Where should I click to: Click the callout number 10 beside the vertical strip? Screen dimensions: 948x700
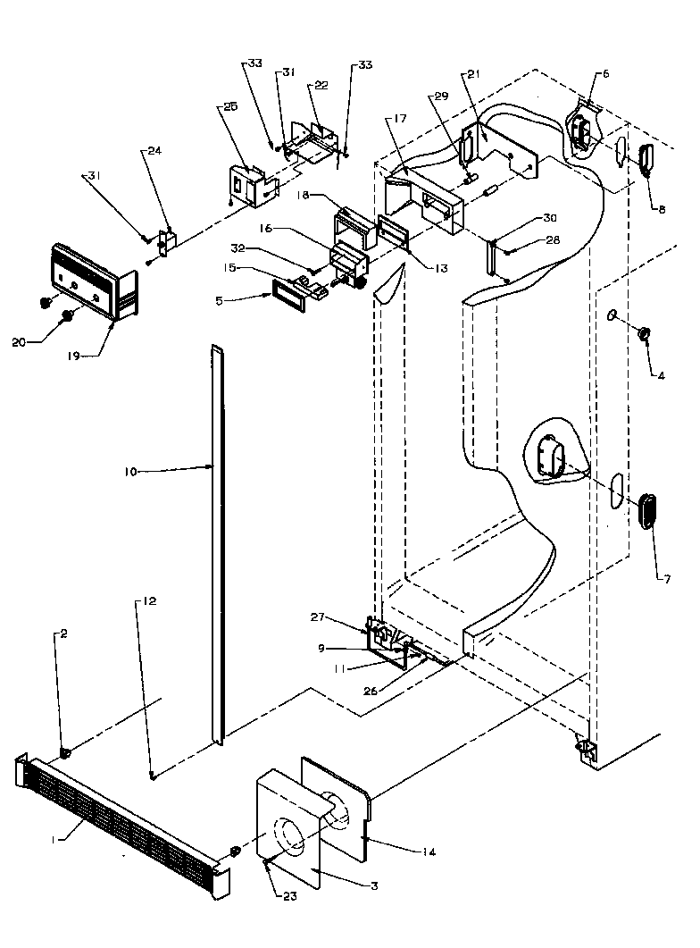click(130, 470)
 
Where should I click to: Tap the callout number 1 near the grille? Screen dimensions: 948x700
click(54, 839)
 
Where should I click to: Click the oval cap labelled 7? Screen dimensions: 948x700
click(646, 510)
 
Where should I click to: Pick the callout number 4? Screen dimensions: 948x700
click(661, 376)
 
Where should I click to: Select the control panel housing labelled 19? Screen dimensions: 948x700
click(94, 279)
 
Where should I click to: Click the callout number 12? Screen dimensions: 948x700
click(149, 602)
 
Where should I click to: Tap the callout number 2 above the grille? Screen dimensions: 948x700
click(63, 633)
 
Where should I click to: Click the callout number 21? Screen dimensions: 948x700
click(472, 74)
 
